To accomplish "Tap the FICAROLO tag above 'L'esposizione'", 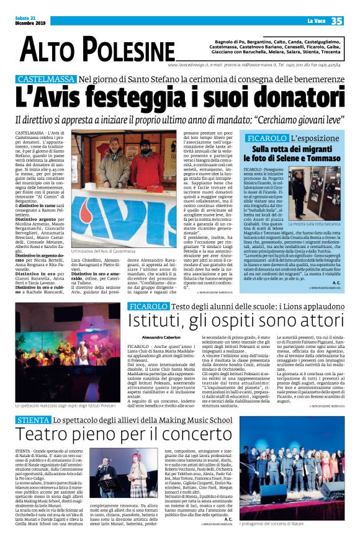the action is tap(266, 138).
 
